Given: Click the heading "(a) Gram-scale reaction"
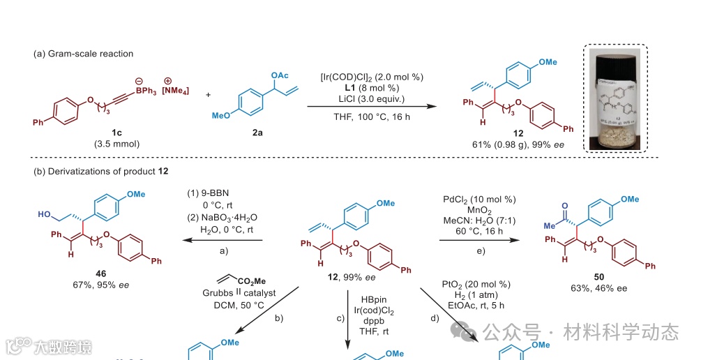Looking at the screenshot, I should pos(83,54).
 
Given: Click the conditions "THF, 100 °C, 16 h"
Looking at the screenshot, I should pos(371,117).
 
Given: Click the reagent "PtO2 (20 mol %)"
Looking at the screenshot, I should pos(476,284).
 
